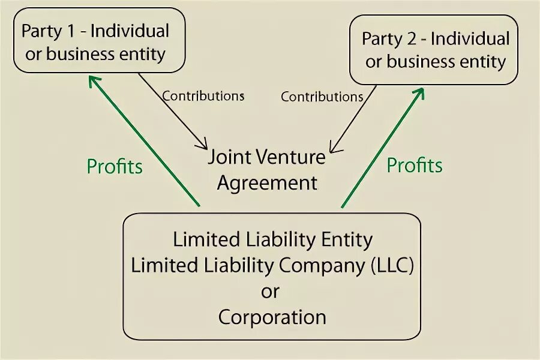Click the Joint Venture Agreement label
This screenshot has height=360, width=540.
click(267, 170)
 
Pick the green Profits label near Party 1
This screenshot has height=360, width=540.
click(115, 166)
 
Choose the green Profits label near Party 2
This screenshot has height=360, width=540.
click(415, 165)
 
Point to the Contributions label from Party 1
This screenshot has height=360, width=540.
click(203, 95)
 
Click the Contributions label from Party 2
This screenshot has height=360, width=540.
click(322, 96)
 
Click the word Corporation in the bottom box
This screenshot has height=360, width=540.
click(272, 316)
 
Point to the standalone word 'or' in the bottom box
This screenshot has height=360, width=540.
click(270, 291)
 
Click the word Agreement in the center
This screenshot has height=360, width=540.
click(267, 183)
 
